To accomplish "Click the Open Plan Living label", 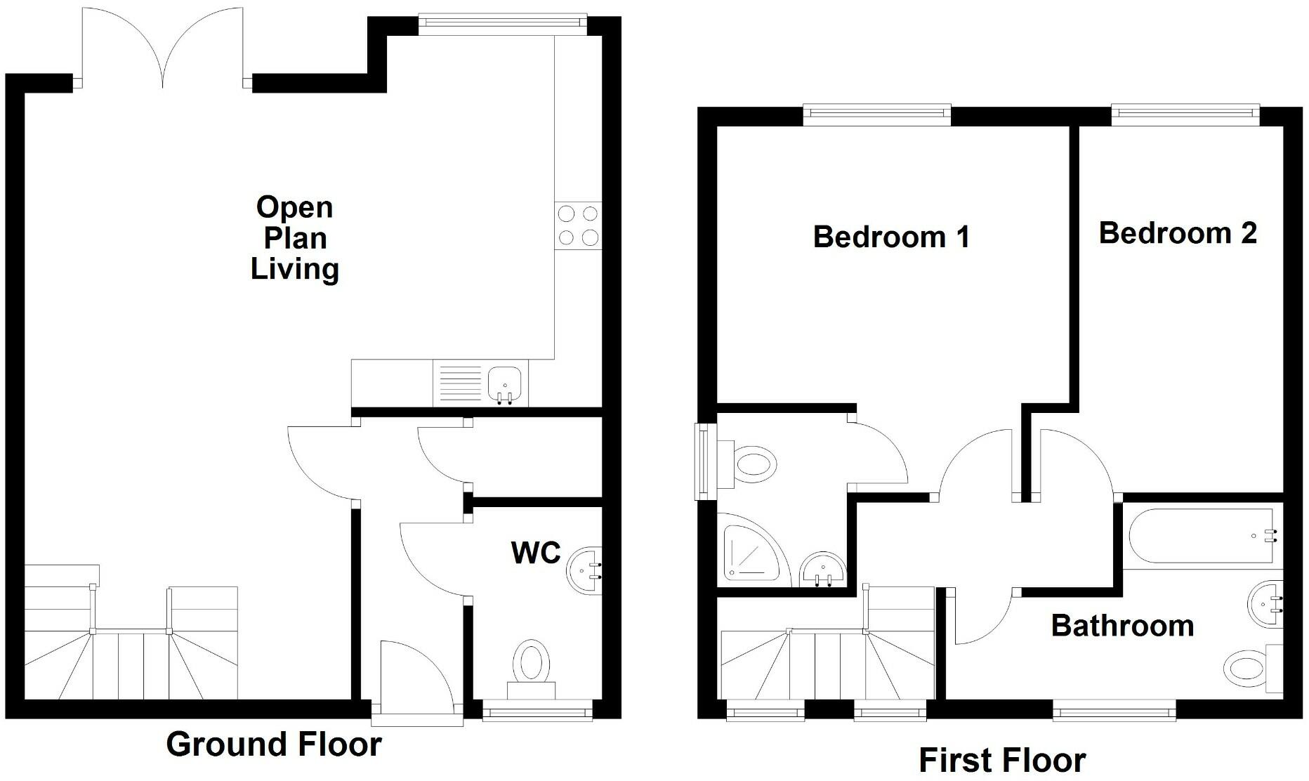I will point(295,238).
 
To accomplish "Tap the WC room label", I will point(536,553).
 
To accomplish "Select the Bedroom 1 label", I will point(891,237).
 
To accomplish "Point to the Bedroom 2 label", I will point(1178,232).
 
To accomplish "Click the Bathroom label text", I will point(1122,625).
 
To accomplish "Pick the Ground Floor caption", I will point(274,744).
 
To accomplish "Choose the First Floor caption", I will point(1002,760).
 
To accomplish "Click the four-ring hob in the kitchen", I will point(578,225).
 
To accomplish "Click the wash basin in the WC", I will point(584,570).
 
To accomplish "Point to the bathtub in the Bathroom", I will point(1202,537).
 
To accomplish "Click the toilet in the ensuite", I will point(749,464).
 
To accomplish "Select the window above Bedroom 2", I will point(1185,114).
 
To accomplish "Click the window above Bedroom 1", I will point(876,114).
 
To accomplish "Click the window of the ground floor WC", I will point(537,712).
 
